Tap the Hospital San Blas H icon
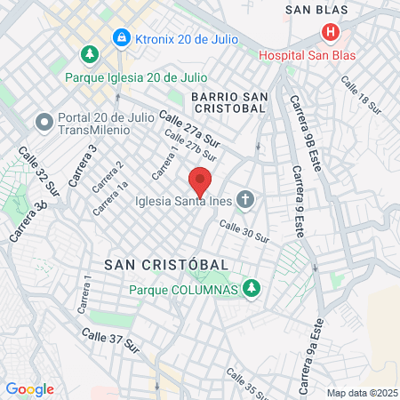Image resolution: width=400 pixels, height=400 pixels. pyautogui.click(x=331, y=34)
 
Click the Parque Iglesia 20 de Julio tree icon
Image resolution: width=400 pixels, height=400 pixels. pyautogui.click(x=90, y=55)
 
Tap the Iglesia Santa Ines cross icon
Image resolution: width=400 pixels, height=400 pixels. pyautogui.click(x=246, y=201)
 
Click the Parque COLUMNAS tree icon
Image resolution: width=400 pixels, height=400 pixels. pyautogui.click(x=252, y=289)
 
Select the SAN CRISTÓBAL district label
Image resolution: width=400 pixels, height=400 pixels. pyautogui.click(x=166, y=265)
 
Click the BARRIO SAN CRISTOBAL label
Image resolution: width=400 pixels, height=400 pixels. pyautogui.click(x=228, y=101)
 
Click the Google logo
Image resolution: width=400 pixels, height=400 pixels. pyautogui.click(x=29, y=389)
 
